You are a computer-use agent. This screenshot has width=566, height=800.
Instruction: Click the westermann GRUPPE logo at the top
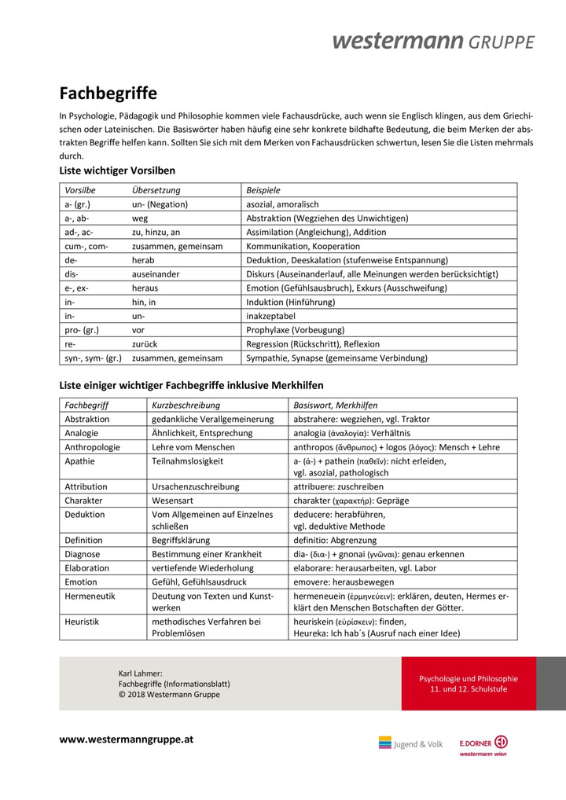coord(433,41)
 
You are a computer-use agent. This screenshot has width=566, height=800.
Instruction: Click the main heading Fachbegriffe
coord(108,94)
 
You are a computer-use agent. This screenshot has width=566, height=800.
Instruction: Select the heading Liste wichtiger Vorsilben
coord(117,170)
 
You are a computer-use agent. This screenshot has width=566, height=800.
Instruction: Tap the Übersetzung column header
coord(156,190)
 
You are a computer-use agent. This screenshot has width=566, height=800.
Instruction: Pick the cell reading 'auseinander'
coord(156,274)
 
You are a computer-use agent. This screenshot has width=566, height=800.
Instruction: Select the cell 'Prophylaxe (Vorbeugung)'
coord(295,330)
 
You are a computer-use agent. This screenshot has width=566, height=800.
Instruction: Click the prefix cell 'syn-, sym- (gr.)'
coord(93,358)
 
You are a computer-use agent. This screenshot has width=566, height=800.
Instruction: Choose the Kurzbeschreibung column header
coord(186,405)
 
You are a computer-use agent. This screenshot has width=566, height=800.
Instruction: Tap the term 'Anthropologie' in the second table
coord(93,447)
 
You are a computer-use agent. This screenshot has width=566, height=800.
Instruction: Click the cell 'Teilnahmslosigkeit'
coord(187,461)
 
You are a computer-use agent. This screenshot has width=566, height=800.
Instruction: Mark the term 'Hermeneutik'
coord(90,596)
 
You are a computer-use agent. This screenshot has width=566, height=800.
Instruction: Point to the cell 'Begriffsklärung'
coord(183,541)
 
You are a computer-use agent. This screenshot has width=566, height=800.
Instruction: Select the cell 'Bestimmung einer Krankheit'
coord(205,554)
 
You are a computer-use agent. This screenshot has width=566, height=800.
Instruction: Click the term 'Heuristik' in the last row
coord(83,622)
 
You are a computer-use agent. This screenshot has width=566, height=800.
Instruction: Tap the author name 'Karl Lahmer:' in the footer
coord(140,673)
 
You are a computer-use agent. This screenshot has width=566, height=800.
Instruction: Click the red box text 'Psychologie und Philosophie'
coord(469,678)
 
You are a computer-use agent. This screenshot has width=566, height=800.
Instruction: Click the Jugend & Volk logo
coord(410,743)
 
